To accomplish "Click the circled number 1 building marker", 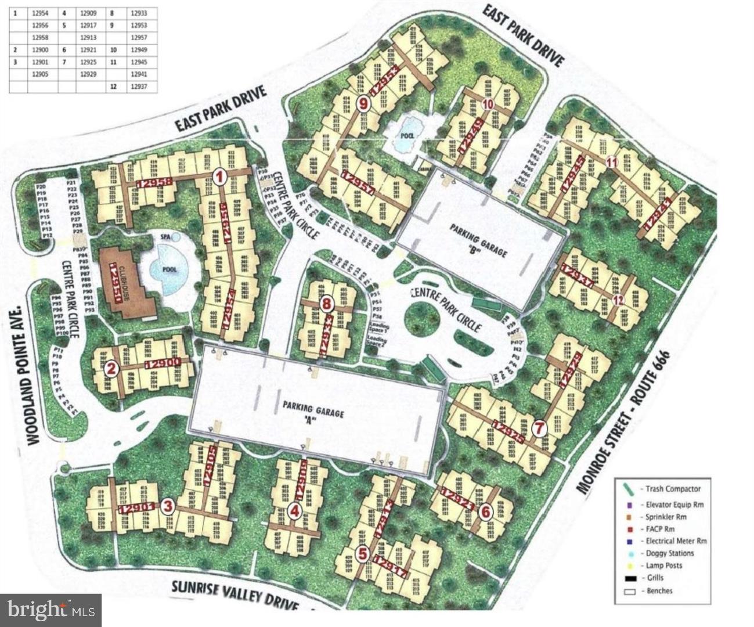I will (219, 177).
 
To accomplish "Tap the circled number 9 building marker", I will (363, 105).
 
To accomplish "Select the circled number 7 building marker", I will (540, 429).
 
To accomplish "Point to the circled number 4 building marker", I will (295, 511).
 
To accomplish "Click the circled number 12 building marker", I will (618, 300).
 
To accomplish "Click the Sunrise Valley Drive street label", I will (235, 593).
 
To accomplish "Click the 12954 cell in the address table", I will (40, 13).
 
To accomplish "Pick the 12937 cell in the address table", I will (137, 87).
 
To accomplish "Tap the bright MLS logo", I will (51, 610).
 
